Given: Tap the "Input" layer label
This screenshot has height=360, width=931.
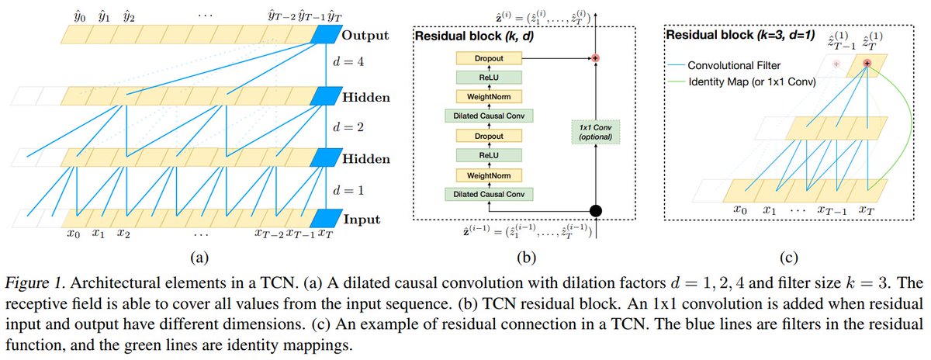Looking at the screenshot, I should pos(362,219).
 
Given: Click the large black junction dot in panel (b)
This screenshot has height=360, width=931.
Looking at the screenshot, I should pos(597,210).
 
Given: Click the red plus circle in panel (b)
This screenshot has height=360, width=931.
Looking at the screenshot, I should pos(597,58).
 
